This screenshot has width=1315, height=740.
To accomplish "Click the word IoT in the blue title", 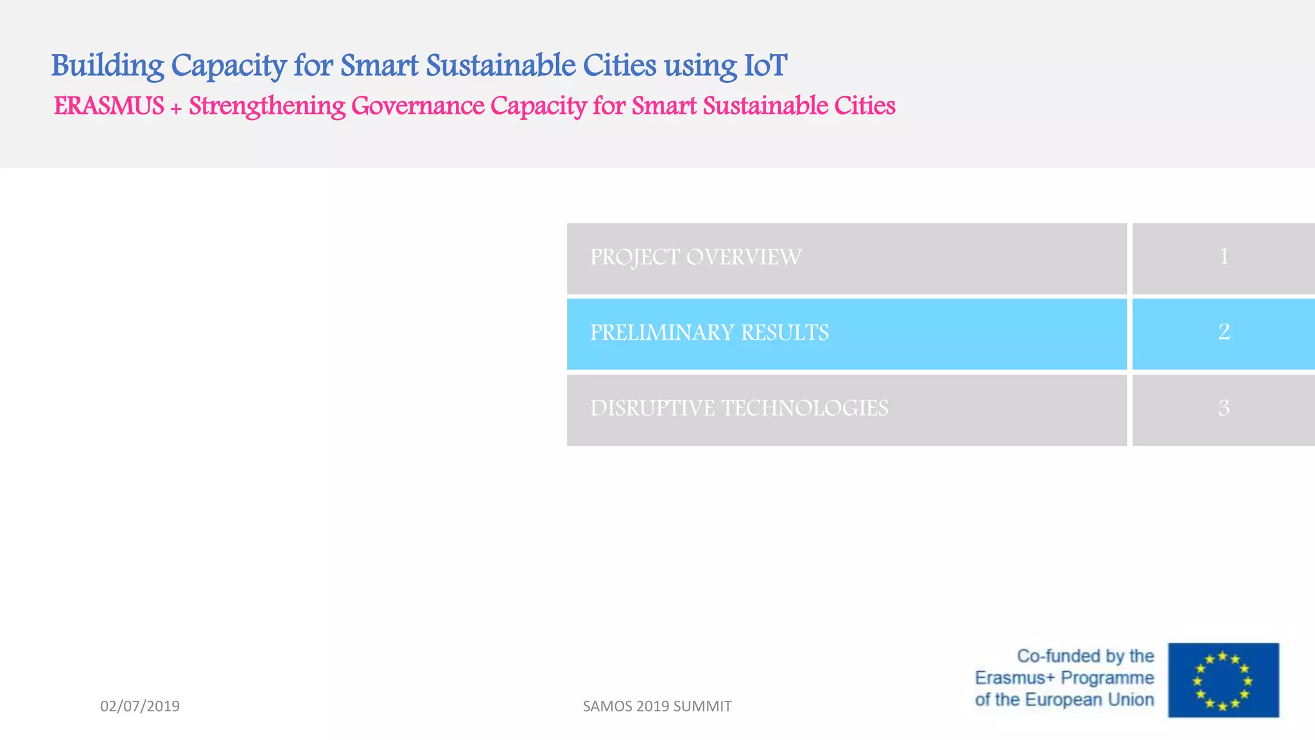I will pyautogui.click(x=765, y=66).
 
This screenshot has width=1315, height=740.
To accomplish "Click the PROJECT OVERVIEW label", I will pyautogui.click(x=695, y=258).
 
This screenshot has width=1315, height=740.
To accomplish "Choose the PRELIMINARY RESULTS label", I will pyautogui.click(x=709, y=333).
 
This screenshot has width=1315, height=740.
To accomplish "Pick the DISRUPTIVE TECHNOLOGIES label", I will pyautogui.click(x=739, y=409).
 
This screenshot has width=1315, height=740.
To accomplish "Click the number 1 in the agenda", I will pyautogui.click(x=1223, y=257).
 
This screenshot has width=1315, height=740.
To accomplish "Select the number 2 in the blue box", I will pyautogui.click(x=1223, y=332).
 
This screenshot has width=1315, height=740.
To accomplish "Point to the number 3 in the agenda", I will pyautogui.click(x=1223, y=409).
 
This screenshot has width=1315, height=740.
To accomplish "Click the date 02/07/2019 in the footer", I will pyautogui.click(x=140, y=706).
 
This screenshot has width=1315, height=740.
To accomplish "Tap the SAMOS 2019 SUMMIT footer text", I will pyautogui.click(x=657, y=706).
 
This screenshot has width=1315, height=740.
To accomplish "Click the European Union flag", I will pyautogui.click(x=1223, y=680).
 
